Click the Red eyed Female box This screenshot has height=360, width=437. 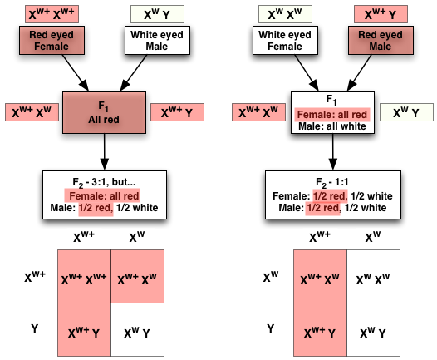49,42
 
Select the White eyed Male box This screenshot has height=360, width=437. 158,42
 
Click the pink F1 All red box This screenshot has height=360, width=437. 105,112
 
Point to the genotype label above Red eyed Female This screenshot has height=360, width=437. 47,14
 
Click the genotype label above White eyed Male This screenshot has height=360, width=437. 158,14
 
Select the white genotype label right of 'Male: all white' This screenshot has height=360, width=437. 404,112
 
